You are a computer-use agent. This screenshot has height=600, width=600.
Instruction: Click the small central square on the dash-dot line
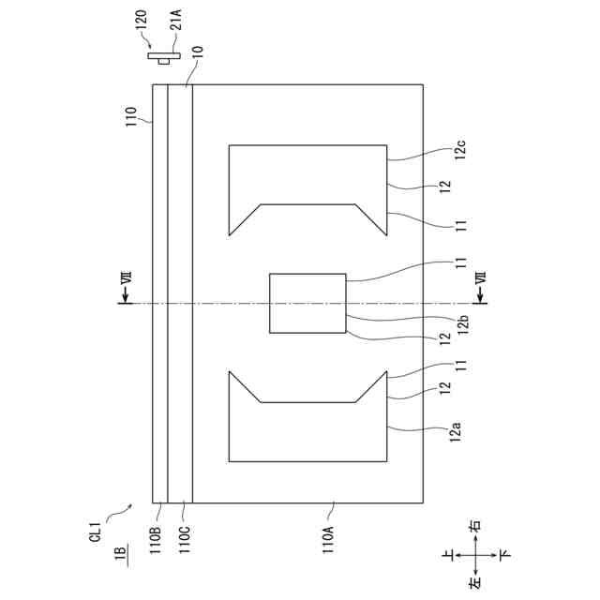pos(307,303)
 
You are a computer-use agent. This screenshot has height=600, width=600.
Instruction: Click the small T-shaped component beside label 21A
pos(165,58)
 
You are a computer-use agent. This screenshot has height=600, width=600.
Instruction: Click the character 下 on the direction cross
pos(506,556)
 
